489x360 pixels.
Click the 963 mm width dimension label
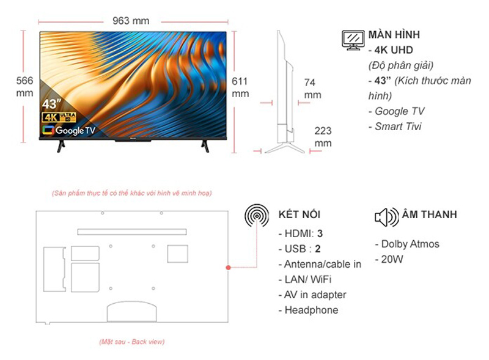(131, 20)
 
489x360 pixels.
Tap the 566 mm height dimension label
(24, 87)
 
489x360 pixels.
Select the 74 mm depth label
(312, 89)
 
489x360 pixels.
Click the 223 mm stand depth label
(323, 137)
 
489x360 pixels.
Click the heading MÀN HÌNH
(394, 35)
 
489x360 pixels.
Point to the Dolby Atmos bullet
(407, 244)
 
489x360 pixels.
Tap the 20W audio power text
(392, 259)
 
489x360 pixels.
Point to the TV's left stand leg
(60, 145)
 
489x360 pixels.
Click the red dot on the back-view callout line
(228, 268)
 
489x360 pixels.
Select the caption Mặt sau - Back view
(131, 342)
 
